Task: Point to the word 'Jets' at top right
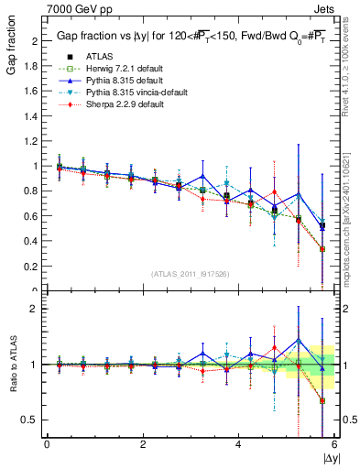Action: pos(323,7)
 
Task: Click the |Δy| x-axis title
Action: pos(329,456)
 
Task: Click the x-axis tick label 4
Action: pos(238,444)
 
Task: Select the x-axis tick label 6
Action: pos(333,444)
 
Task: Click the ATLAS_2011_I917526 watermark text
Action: pos(191,274)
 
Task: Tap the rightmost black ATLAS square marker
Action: pos(322,225)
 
